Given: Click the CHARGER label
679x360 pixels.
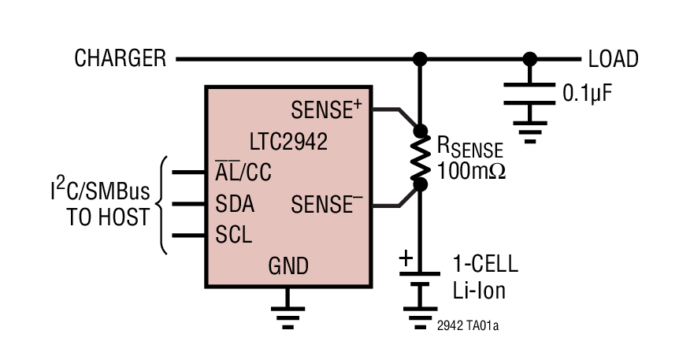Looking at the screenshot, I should (x=121, y=58).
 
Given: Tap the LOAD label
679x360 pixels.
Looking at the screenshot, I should (x=613, y=59).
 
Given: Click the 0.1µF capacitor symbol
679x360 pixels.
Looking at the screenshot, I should (x=530, y=93).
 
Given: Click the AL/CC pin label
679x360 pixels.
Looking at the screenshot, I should (x=243, y=173).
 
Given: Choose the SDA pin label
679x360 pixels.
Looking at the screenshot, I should (x=235, y=205).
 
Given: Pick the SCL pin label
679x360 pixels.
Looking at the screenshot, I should (x=234, y=236).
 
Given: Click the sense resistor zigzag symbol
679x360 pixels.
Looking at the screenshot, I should (x=420, y=157).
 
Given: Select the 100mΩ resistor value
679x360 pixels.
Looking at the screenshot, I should (x=470, y=169).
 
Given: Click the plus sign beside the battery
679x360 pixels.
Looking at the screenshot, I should (x=406, y=258).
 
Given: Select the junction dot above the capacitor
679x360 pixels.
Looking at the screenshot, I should (x=530, y=58).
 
